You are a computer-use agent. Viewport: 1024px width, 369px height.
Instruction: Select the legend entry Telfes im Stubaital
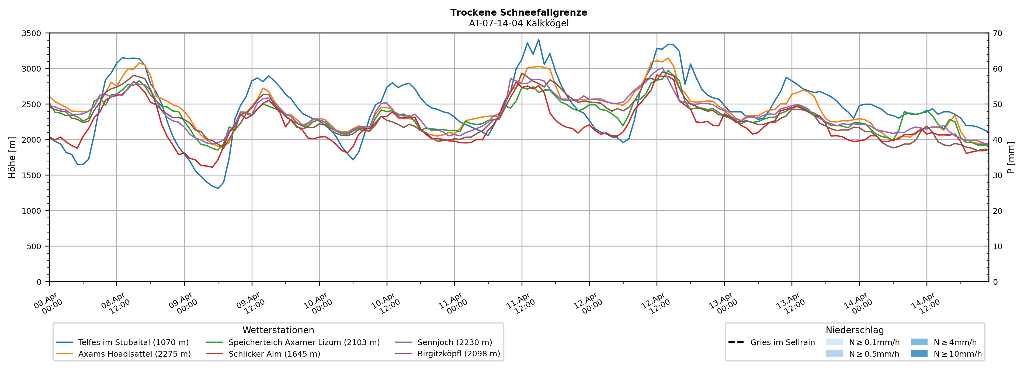(133, 342)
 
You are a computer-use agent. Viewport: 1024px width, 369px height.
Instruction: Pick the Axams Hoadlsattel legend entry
(134, 354)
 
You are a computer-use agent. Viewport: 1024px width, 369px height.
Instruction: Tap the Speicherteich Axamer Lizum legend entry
(304, 342)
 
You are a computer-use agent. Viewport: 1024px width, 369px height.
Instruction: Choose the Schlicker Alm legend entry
(274, 354)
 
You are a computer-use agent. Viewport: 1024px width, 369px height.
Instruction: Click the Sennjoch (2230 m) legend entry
(454, 342)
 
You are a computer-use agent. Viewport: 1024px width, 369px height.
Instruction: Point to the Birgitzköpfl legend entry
(458, 354)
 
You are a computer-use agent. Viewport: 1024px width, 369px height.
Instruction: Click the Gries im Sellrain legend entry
(782, 342)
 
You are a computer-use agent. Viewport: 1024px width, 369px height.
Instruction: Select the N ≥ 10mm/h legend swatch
(919, 353)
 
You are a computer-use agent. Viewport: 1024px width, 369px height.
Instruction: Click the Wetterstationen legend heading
(278, 330)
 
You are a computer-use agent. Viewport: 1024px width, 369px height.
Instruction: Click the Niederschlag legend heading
(855, 330)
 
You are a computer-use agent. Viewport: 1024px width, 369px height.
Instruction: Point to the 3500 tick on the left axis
(32, 33)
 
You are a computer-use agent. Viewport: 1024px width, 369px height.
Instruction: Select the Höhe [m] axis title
(12, 157)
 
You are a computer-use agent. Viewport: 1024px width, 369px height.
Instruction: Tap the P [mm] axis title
(1011, 157)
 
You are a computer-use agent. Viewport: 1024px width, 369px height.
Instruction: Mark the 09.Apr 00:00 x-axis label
(183, 303)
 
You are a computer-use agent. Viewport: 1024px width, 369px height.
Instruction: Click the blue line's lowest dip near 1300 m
(218, 188)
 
